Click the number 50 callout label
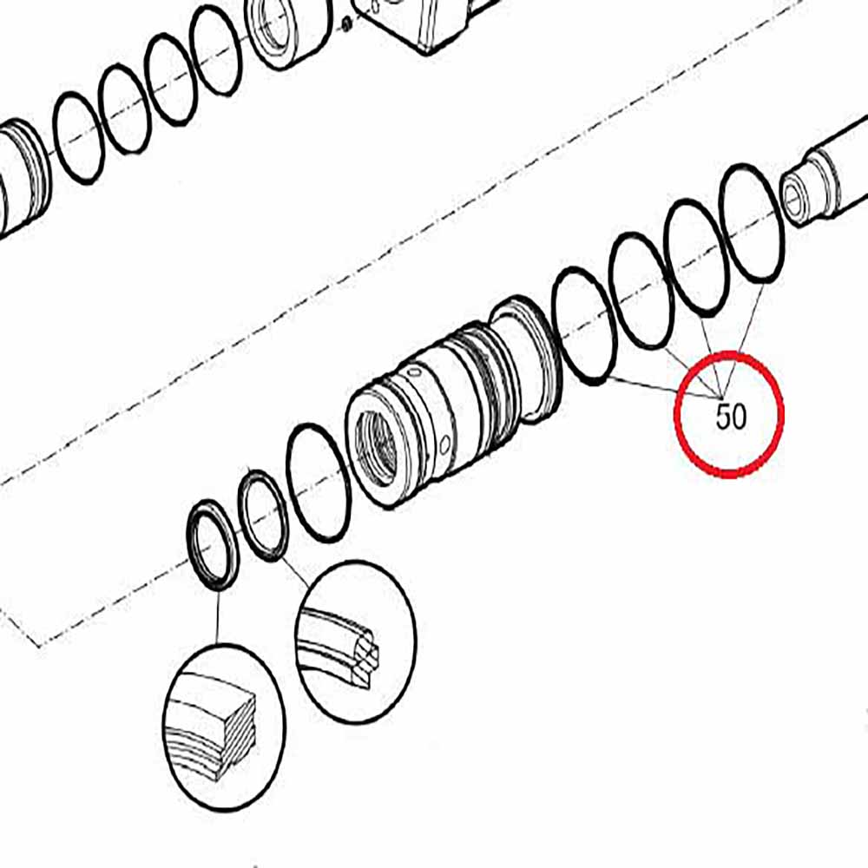pos(731,417)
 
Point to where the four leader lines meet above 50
pos(721,398)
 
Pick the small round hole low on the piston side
pos(444,444)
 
